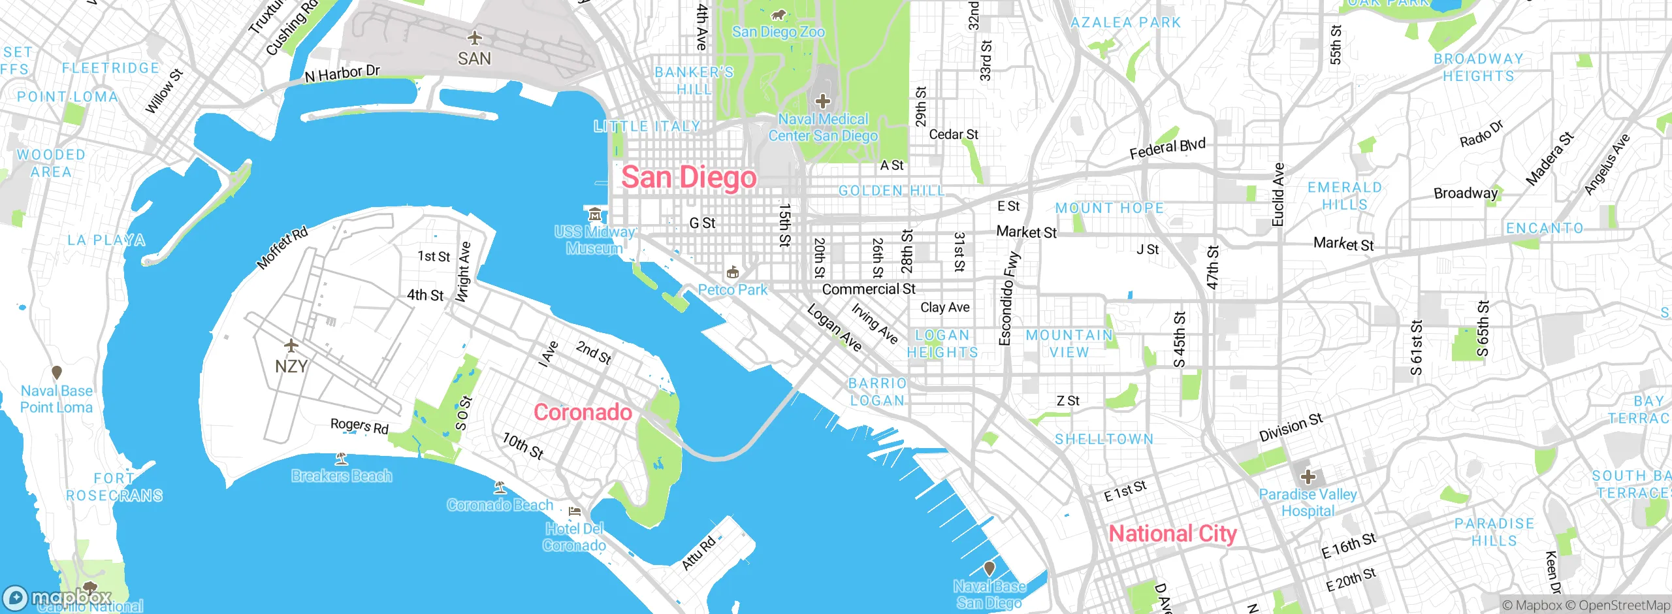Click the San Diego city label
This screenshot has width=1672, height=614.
688,178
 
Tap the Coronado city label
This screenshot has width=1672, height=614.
583,412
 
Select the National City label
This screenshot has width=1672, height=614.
1172,534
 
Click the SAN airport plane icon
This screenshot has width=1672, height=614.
475,38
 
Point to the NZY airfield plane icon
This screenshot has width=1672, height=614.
291,345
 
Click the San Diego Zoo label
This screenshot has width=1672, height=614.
778,31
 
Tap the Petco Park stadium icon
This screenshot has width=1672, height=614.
733,272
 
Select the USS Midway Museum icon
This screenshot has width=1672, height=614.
594,214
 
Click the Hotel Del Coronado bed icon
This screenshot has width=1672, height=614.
575,511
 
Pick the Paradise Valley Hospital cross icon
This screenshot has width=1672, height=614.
1308,477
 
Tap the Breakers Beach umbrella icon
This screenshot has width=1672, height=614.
341,458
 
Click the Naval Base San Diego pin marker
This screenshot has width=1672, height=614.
989,568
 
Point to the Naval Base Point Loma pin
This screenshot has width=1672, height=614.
57,372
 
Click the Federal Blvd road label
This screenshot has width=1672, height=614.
1167,148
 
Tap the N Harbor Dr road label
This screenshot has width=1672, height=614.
342,73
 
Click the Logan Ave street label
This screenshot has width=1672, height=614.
834,327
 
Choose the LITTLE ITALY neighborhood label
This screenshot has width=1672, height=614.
647,126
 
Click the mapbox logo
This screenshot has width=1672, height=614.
57,597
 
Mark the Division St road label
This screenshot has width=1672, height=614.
1291,427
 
